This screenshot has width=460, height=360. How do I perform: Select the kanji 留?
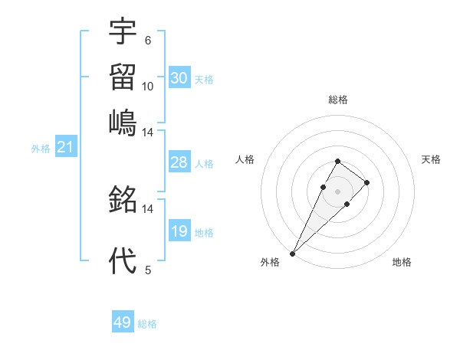(123, 77)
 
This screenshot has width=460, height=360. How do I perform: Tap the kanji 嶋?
(123, 121)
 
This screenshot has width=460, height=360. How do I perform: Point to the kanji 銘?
(123, 201)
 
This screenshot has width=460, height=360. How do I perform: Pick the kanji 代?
(123, 260)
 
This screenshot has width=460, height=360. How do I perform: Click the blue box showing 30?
(179, 78)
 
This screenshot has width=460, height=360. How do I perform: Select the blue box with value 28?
(179, 162)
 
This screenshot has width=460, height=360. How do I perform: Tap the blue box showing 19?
(179, 231)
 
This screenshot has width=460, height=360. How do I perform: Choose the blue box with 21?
(64, 148)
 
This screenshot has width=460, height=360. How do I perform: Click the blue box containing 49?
(123, 322)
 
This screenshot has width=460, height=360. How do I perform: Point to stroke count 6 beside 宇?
(147, 41)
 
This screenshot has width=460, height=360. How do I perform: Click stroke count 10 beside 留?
(147, 86)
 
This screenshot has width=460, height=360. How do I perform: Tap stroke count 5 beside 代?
(147, 270)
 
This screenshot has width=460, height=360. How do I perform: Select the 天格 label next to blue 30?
(204, 80)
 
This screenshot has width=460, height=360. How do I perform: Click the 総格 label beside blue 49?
(147, 324)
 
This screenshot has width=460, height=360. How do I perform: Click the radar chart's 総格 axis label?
(337, 100)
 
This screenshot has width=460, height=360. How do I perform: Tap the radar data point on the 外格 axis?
(292, 253)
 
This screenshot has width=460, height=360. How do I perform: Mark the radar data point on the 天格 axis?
(367, 182)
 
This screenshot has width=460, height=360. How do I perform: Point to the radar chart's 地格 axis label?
(402, 262)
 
